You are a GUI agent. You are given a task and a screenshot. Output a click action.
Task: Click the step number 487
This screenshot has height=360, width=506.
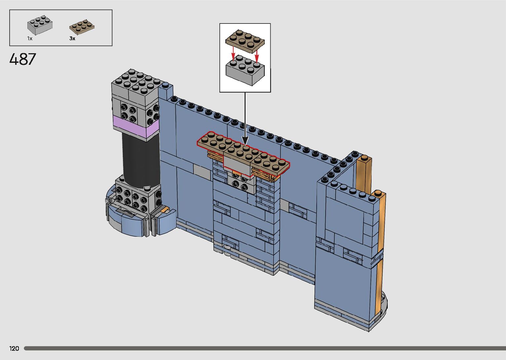[x=22, y=59]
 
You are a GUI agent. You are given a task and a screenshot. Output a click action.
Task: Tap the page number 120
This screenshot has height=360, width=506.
[x=14, y=348]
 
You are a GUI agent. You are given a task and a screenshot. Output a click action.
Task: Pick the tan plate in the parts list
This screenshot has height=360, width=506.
[x=82, y=27]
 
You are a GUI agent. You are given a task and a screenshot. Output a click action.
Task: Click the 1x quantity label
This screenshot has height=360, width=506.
[x=30, y=38]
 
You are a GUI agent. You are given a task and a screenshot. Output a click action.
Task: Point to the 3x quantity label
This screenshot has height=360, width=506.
[x=72, y=38]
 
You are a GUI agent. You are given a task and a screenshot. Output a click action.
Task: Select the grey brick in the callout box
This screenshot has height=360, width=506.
[x=245, y=70]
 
